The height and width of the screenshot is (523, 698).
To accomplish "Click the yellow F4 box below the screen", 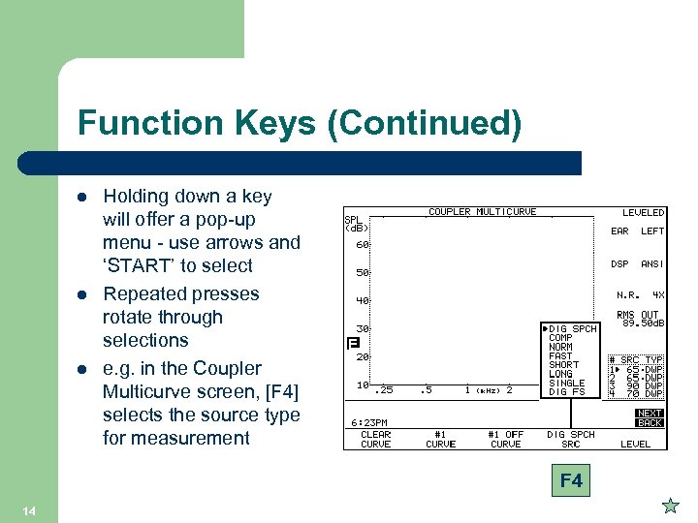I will coord(571,480).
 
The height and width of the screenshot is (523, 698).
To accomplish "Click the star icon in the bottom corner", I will coord(669,505).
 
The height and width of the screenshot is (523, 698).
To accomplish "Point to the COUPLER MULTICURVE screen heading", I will coord(482,212).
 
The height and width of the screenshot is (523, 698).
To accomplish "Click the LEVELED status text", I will coord(643,212).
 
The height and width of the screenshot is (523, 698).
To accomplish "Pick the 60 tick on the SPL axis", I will coord(361,244).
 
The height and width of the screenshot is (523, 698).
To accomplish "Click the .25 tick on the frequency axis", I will coord(384,389).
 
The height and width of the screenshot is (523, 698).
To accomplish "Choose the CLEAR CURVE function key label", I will coord(375,439).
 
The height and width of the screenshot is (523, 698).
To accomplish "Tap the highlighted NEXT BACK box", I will coord(650,418).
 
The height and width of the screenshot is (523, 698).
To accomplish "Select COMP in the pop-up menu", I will coord(560,338).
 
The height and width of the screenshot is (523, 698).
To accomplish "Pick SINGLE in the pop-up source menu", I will coord(567,383).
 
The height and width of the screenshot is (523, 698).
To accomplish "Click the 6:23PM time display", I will coord(368,422).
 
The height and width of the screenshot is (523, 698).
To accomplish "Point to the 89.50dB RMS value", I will coord(640,323).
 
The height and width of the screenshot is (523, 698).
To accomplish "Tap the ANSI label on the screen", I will coord(652,263).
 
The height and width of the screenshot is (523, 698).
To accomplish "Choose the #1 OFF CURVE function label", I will coord(505,439).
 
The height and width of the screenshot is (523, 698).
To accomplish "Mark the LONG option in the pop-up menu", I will coord(560,374).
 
